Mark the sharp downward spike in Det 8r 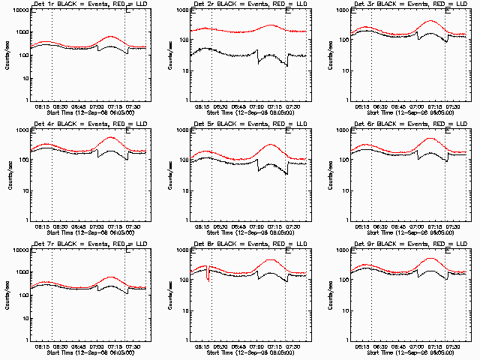208,279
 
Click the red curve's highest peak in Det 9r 430,258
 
